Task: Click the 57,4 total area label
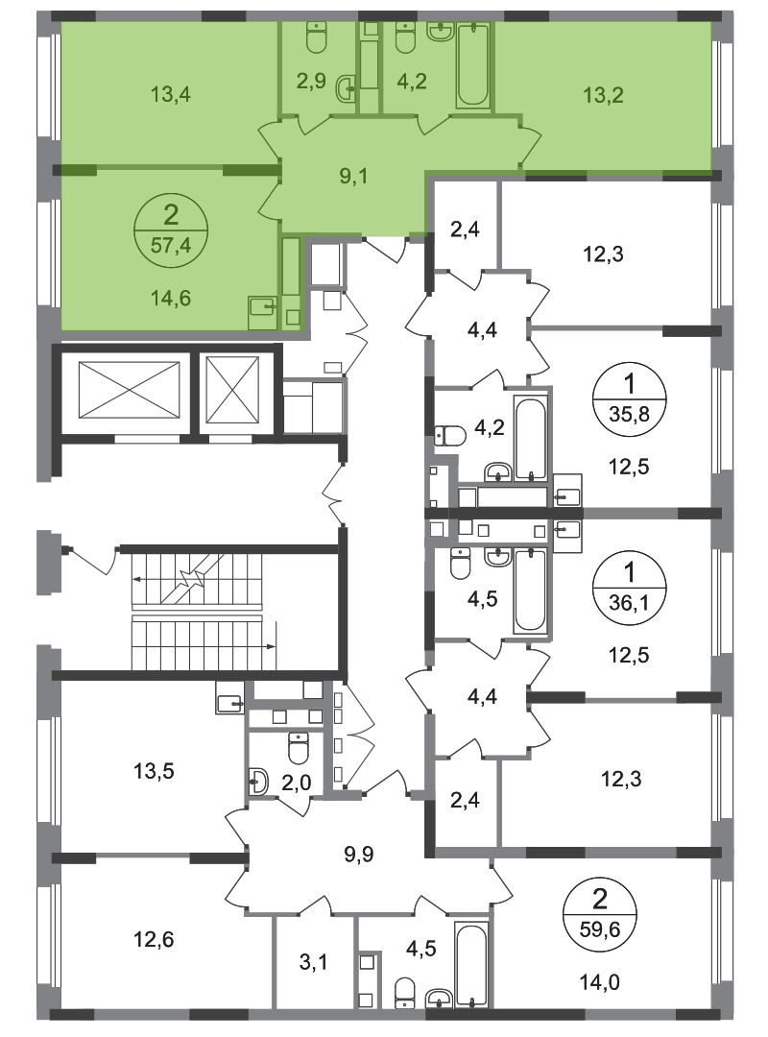(171, 246)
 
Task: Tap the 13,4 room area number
(171, 94)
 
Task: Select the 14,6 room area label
(171, 299)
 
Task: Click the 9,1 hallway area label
(354, 177)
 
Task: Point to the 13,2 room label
(603, 95)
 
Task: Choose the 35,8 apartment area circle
(630, 398)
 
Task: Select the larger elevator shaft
(129, 390)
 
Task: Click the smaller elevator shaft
(232, 390)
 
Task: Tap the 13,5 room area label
(155, 771)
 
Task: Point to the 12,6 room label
(155, 938)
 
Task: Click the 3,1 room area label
(314, 962)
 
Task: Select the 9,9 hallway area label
(359, 855)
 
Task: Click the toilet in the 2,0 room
(299, 748)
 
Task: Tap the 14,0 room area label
(600, 983)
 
